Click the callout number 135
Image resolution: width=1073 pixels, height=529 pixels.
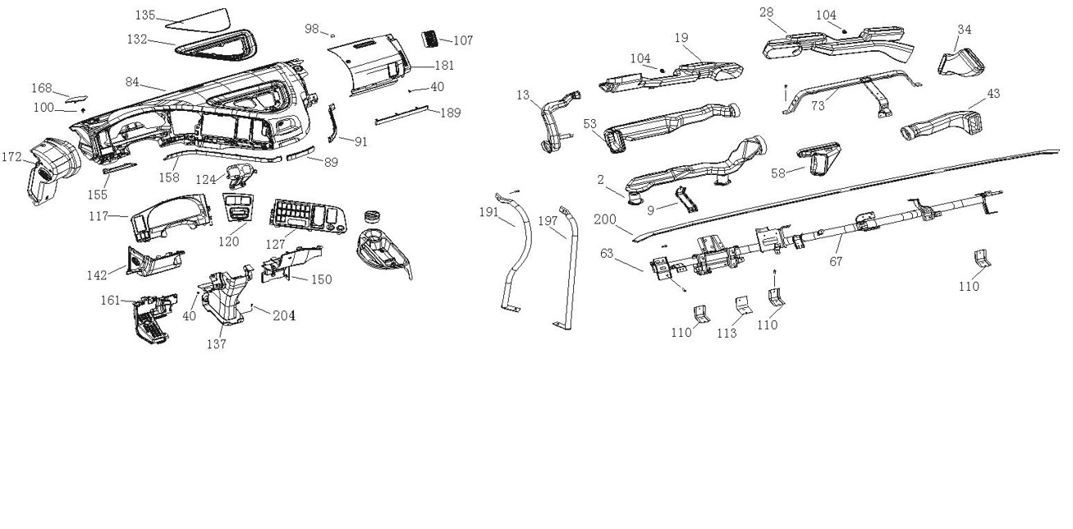[x=144, y=16]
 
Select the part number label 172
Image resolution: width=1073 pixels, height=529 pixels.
[x=11, y=156]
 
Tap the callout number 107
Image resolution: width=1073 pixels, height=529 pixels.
[x=463, y=40]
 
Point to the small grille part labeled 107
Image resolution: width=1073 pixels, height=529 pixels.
[x=430, y=38]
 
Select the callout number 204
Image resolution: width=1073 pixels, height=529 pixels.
[x=284, y=315]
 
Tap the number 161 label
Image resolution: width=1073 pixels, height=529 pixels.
[x=111, y=300]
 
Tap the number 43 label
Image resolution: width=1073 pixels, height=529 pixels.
[x=993, y=94]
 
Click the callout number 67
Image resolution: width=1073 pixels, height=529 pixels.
[x=836, y=261]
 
